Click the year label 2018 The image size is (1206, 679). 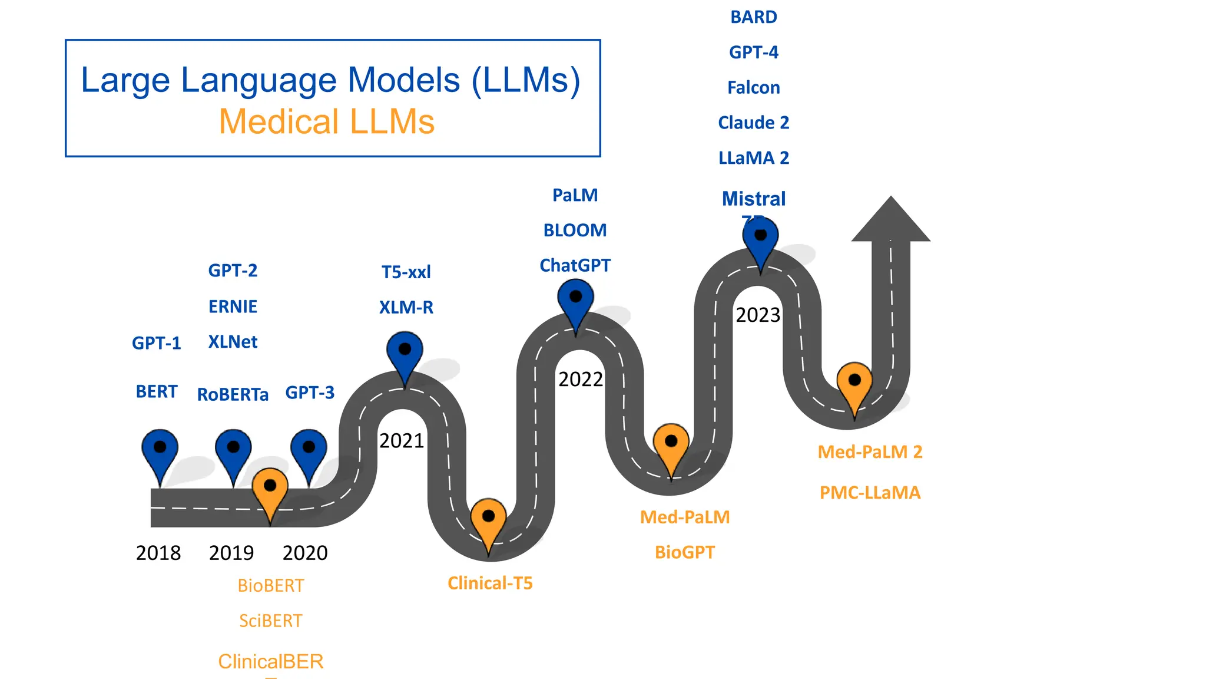click(x=158, y=553)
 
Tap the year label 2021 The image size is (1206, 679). click(x=402, y=441)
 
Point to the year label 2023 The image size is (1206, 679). click(x=758, y=315)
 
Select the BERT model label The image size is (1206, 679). click(x=157, y=392)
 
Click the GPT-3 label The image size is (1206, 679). click(x=310, y=393)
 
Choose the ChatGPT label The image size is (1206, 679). click(x=575, y=266)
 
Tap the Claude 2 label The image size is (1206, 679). click(x=754, y=123)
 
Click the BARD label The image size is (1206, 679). click(x=754, y=17)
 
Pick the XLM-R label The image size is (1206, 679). click(x=406, y=308)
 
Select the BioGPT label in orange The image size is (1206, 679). click(x=685, y=552)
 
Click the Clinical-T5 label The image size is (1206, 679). click(x=490, y=584)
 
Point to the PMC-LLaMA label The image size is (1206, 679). click(x=870, y=493)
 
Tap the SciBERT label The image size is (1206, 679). click(x=271, y=621)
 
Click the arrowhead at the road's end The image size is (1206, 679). click(x=891, y=221)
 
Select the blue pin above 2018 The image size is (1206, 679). click(x=160, y=451)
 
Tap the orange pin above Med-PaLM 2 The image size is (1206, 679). click(x=854, y=384)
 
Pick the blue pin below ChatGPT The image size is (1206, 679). click(x=576, y=301)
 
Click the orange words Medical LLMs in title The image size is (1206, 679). click(x=327, y=122)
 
